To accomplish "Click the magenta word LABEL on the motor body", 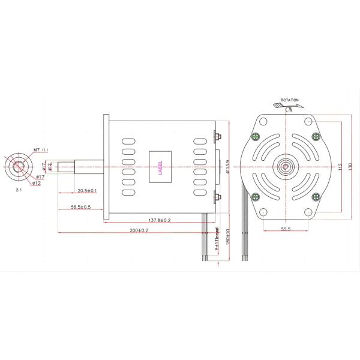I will point(160,166).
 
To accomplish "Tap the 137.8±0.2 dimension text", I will point(158,220).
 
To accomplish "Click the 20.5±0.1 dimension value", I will point(87,190).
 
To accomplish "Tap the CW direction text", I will point(289,109).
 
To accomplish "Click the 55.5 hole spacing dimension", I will point(286,229).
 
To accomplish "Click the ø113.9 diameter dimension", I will point(228,166).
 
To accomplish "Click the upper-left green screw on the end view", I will point(256,136).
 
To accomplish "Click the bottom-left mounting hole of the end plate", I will point(263,211).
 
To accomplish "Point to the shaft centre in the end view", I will point(286,166).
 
